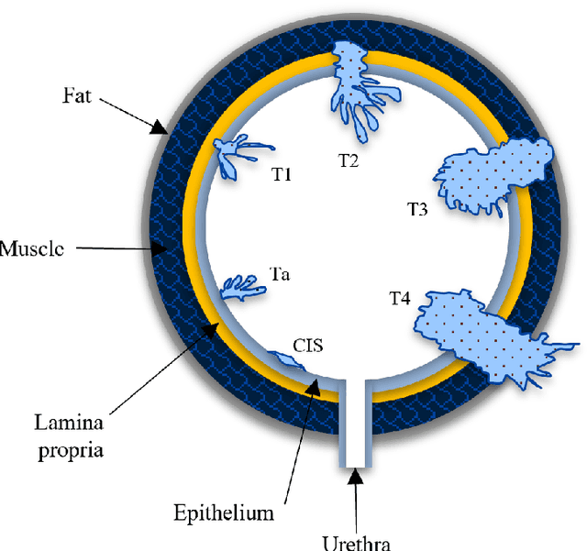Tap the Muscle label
pyautogui.click(x=31, y=248)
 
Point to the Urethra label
pyautogui.click(x=356, y=542)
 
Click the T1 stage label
pyautogui.click(x=281, y=173)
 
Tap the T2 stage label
pyautogui.click(x=349, y=160)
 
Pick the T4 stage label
pyautogui.click(x=400, y=298)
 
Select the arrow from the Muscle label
pyautogui.click(x=119, y=247)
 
